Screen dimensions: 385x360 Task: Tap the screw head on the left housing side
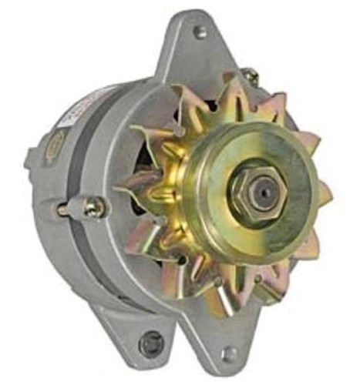[94, 206]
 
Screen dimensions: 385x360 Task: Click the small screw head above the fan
[249, 75]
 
